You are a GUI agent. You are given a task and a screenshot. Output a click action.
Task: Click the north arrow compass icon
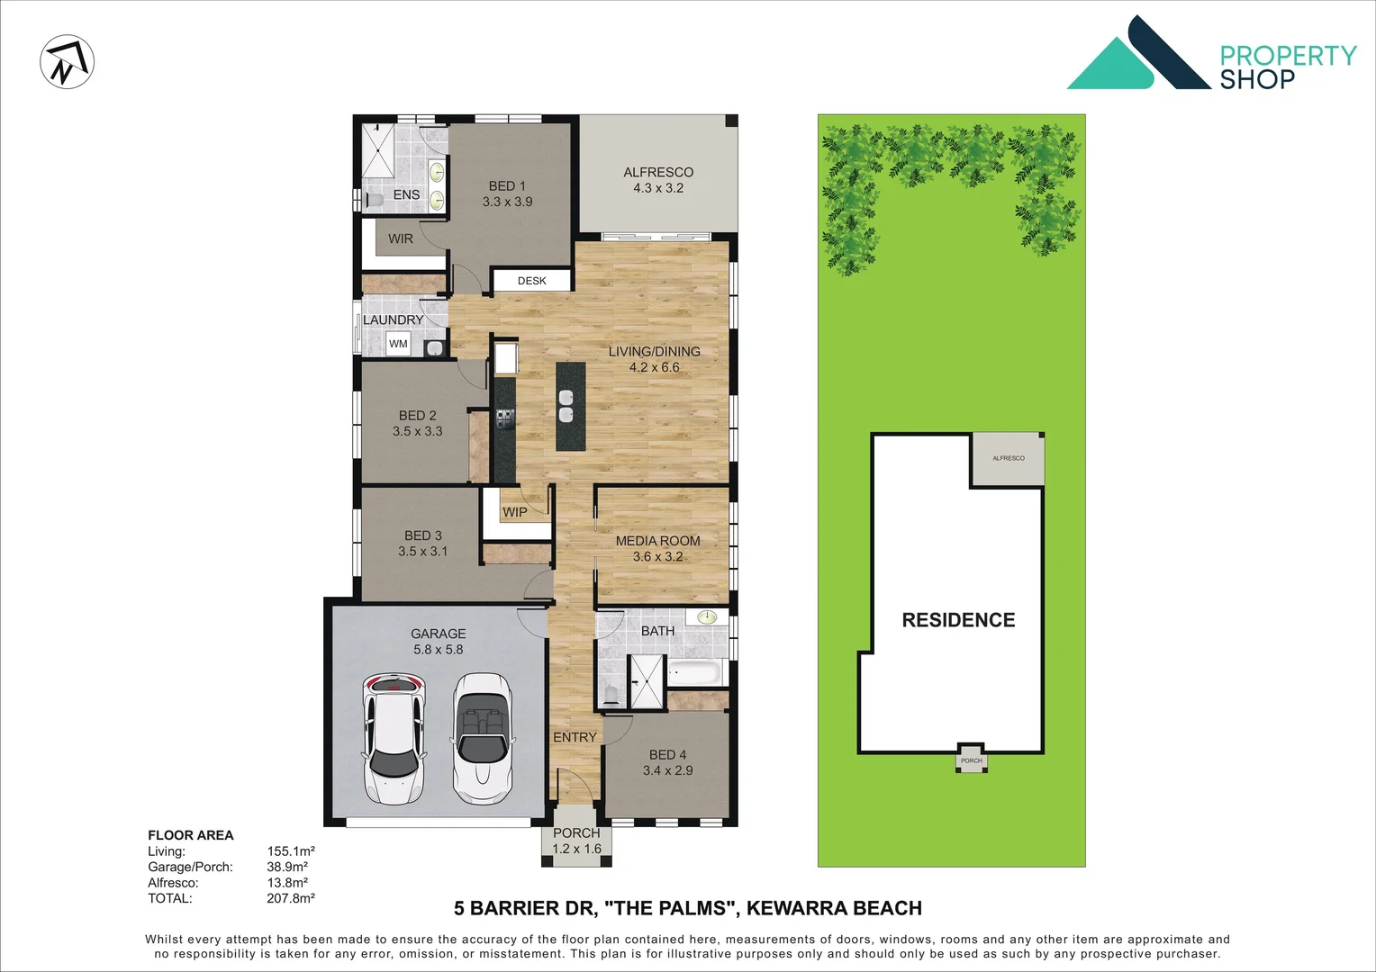click(68, 62)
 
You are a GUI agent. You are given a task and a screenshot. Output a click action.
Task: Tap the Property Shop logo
click(1211, 54)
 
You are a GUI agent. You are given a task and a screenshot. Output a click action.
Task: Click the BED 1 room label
click(507, 193)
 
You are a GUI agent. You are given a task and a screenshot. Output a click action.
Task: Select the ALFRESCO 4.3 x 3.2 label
click(658, 180)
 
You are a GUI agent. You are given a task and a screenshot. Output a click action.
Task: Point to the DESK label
click(531, 281)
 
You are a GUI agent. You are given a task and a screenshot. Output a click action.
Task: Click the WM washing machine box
click(398, 344)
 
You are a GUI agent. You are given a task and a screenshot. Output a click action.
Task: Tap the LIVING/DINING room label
click(654, 359)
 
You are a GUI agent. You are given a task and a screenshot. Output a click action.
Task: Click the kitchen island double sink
click(566, 406)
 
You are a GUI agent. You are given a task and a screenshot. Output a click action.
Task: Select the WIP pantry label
click(515, 512)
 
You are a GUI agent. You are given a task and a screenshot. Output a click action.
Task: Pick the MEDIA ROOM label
click(657, 548)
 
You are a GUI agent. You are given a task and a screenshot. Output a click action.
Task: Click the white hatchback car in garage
click(394, 738)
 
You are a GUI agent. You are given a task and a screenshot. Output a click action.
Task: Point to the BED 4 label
click(667, 762)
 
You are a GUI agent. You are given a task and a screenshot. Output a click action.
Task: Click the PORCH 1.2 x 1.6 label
click(576, 841)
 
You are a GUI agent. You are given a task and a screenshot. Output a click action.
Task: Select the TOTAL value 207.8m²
click(290, 898)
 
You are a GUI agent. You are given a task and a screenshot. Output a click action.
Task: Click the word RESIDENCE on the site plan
click(958, 620)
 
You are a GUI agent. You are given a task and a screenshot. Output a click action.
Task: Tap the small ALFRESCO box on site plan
click(1008, 459)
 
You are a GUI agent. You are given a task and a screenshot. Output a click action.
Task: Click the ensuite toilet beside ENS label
click(374, 198)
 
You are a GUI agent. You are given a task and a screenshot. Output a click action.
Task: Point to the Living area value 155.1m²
click(290, 851)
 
